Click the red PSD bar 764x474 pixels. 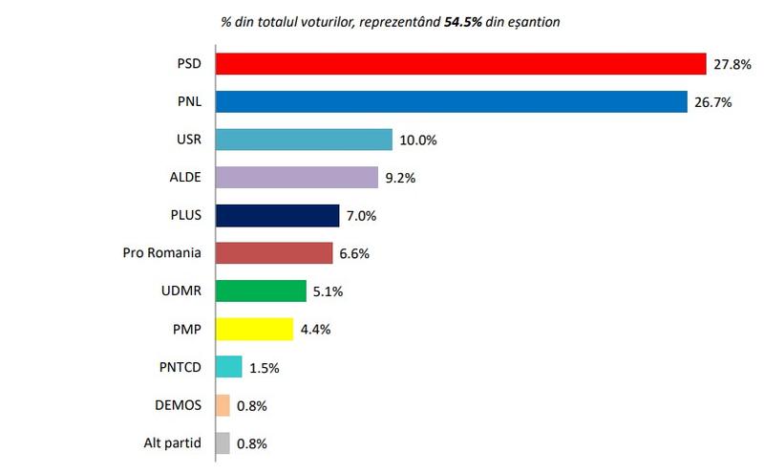click(460, 63)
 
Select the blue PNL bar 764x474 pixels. click(452, 101)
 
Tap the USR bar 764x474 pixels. click(305, 140)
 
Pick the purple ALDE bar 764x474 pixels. click(298, 177)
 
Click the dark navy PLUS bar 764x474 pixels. click(278, 215)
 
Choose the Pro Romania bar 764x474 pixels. click(274, 253)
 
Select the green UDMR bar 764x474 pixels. click(261, 291)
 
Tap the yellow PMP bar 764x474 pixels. click(255, 329)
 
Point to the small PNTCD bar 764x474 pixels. click(229, 367)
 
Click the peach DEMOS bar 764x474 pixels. click(223, 405)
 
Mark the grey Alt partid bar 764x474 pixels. click(223, 442)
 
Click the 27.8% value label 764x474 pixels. click(732, 64)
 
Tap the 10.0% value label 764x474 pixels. click(417, 140)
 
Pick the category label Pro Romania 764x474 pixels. click(163, 253)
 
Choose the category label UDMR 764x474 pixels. click(181, 291)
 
